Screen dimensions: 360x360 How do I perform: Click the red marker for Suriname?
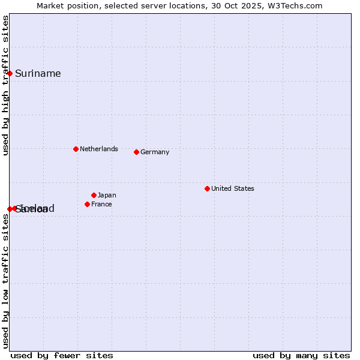[x=10, y=73]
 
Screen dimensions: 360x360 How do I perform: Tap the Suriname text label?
[x=38, y=73]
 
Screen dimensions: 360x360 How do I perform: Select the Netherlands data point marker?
[x=76, y=149]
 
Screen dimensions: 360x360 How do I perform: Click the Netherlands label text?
[x=98, y=149]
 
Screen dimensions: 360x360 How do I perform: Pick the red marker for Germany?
[x=136, y=152]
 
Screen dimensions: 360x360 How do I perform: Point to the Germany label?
[x=155, y=152]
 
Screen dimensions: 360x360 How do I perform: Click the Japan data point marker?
[x=94, y=195]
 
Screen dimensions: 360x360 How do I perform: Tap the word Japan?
[x=107, y=195]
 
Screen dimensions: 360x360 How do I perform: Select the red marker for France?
[x=87, y=204]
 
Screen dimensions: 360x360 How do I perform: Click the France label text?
[x=101, y=204]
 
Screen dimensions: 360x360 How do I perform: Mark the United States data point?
[x=207, y=188]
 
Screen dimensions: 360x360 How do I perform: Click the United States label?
[x=233, y=188]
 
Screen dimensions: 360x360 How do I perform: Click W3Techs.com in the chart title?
[x=298, y=5]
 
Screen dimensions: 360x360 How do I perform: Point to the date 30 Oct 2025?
[x=246, y=5]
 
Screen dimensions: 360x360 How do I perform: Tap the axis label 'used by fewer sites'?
[x=62, y=355]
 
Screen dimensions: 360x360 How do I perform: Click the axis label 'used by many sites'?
[x=301, y=355]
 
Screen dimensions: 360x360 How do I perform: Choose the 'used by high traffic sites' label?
[x=5, y=85]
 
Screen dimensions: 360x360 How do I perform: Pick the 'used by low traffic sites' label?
[x=5, y=281]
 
